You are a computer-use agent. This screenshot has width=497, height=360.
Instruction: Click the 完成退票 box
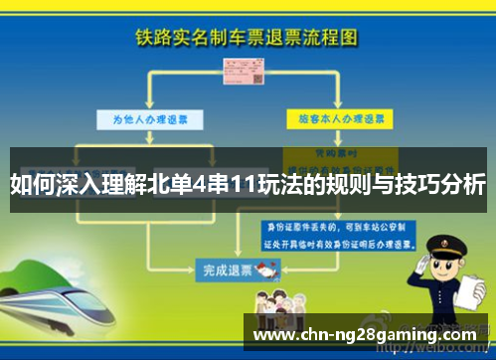coord(224,268)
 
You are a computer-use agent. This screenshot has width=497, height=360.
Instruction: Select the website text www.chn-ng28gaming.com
coord(365,335)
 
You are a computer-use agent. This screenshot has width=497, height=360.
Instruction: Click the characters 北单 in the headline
coord(185,184)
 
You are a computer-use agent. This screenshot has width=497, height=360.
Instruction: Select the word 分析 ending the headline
coord(463,184)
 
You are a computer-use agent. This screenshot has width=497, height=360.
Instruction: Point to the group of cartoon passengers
coord(288,303)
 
